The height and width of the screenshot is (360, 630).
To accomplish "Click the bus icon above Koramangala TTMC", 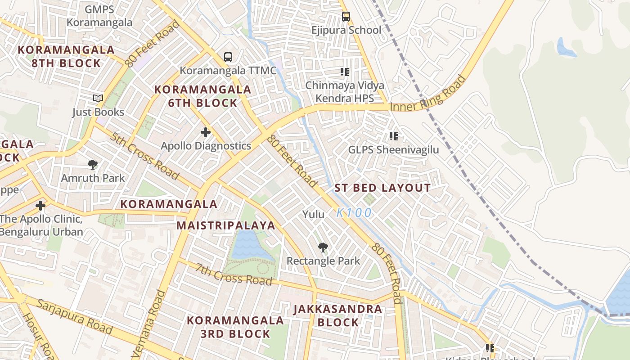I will pos(228,57).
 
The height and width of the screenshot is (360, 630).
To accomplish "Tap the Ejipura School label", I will pos(346,30).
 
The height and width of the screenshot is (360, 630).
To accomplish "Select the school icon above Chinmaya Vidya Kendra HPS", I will pos(345,72).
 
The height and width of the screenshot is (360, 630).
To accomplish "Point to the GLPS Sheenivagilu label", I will pos(393,149).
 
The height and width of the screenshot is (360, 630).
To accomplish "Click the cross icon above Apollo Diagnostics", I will pos(206,132).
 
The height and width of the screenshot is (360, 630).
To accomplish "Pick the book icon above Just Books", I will pos(98,98).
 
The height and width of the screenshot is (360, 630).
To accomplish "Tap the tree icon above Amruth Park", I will pos(93,165).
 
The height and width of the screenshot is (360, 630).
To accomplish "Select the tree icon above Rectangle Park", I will pos(323,247).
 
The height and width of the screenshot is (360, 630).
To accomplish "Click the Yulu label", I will pos(313,214).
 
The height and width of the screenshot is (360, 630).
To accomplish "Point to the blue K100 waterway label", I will pos(354,212).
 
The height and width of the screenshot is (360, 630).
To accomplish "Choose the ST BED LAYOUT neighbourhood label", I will pos(382,188).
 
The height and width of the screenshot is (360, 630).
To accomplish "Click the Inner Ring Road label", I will pos(427,95).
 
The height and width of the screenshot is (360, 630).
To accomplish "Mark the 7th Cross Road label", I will pos(234,273).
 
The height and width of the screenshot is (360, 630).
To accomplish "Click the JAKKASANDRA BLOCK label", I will pos(338,315).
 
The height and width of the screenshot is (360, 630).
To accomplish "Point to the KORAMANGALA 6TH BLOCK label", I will pos(202,96).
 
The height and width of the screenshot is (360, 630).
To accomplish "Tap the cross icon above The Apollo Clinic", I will pos(40,206).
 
